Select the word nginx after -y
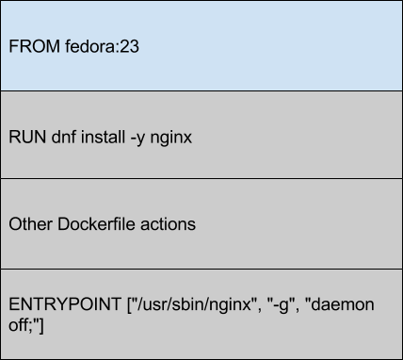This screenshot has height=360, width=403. coord(174,137)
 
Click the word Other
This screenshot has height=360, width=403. coord(28,224)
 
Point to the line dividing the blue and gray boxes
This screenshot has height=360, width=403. coord(201,91)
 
